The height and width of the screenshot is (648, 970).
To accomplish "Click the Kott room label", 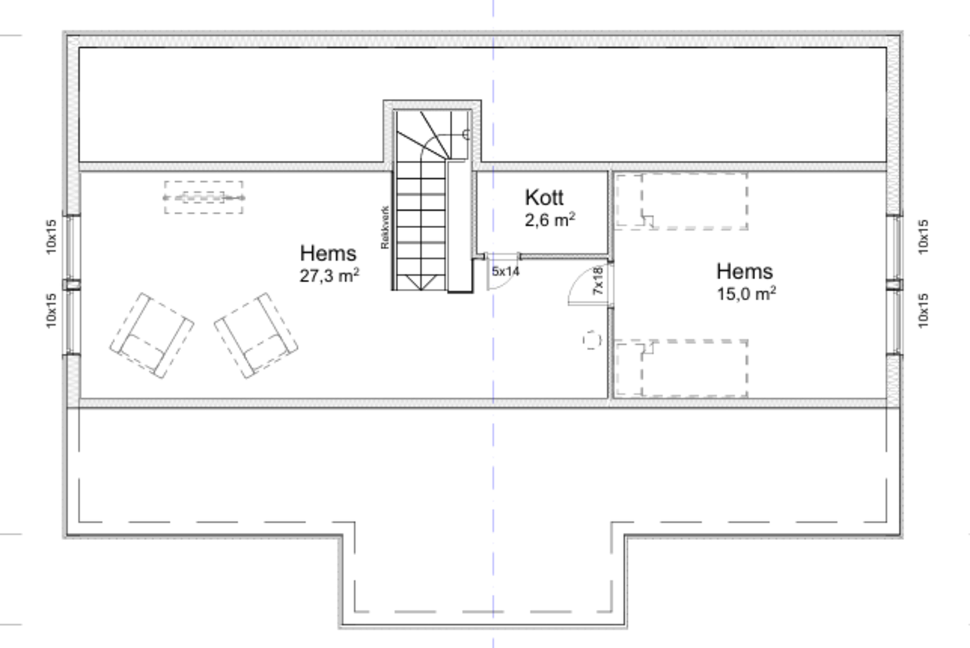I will [544, 197].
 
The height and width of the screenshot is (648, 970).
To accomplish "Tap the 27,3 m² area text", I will [329, 275].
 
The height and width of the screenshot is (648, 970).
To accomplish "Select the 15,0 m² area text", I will [746, 294].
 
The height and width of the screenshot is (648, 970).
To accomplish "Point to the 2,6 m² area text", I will [549, 220].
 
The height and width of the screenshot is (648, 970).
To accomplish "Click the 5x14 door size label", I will [505, 271].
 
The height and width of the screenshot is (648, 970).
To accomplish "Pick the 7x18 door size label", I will [598, 280].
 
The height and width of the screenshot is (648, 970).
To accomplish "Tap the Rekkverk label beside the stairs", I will [385, 228].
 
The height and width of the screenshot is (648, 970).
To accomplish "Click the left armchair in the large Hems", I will [152, 336].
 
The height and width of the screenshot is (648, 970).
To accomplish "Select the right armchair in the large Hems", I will [256, 335].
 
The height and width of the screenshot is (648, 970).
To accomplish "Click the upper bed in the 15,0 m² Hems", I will [681, 201].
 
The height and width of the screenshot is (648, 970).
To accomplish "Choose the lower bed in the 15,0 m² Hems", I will [681, 368].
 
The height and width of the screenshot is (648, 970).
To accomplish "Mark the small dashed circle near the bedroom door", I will [592, 340].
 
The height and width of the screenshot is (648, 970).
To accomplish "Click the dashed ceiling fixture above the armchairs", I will [204, 197].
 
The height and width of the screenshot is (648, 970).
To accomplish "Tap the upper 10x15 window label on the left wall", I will [51, 237].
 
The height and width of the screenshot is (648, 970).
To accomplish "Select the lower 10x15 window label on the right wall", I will [923, 311].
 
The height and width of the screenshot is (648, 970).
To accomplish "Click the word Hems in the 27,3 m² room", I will [328, 253].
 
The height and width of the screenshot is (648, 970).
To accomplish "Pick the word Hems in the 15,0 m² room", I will [744, 271].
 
